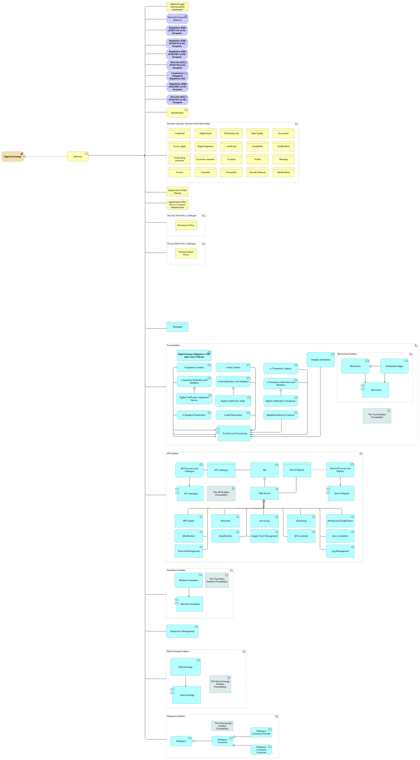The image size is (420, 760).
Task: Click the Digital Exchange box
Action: tap(13, 157)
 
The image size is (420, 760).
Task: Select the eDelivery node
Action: tap(78, 157)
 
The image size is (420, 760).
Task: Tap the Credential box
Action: tap(179, 133)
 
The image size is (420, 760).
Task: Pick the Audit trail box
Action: tap(231, 146)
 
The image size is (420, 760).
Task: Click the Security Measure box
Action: tap(257, 172)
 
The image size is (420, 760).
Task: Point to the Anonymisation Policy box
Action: tap(186, 253)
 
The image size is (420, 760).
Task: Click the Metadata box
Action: tap(177, 327)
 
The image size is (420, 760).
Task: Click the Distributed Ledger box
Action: tap(394, 366)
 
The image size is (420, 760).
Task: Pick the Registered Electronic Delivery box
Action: tap(281, 415)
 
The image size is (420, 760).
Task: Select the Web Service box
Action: tap(264, 493)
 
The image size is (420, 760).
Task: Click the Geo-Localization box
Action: tap(340, 536)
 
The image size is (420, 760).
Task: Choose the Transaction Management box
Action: tap(182, 631)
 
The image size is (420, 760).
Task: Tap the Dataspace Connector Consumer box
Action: tap(261, 750)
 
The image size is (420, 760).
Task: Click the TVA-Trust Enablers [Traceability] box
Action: tap(377, 416)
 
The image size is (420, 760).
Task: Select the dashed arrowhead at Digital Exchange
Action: tap(25, 157)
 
